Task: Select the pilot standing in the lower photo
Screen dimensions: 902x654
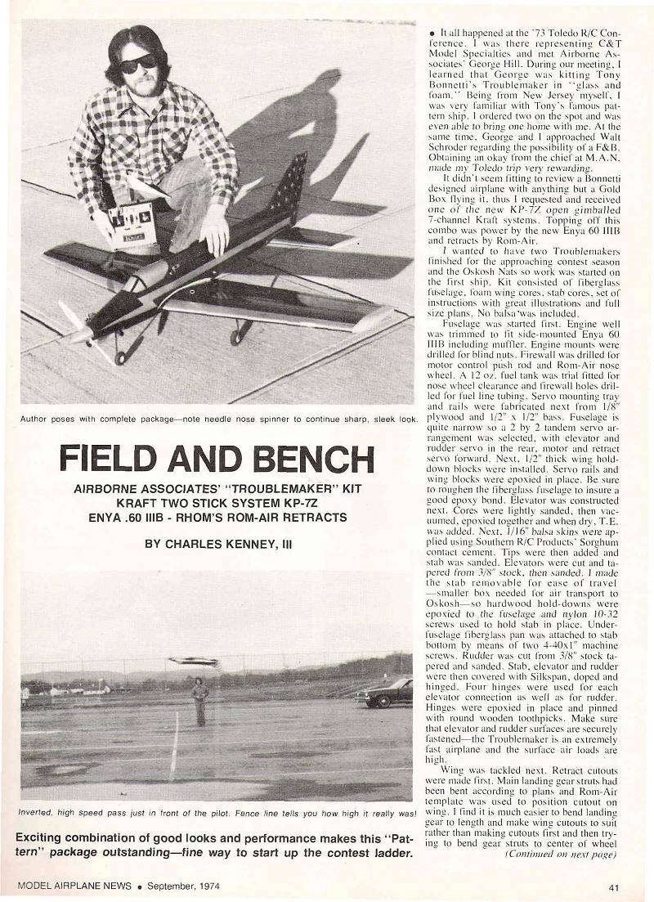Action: pos(199,702)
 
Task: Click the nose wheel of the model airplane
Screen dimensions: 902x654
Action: pos(121,358)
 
